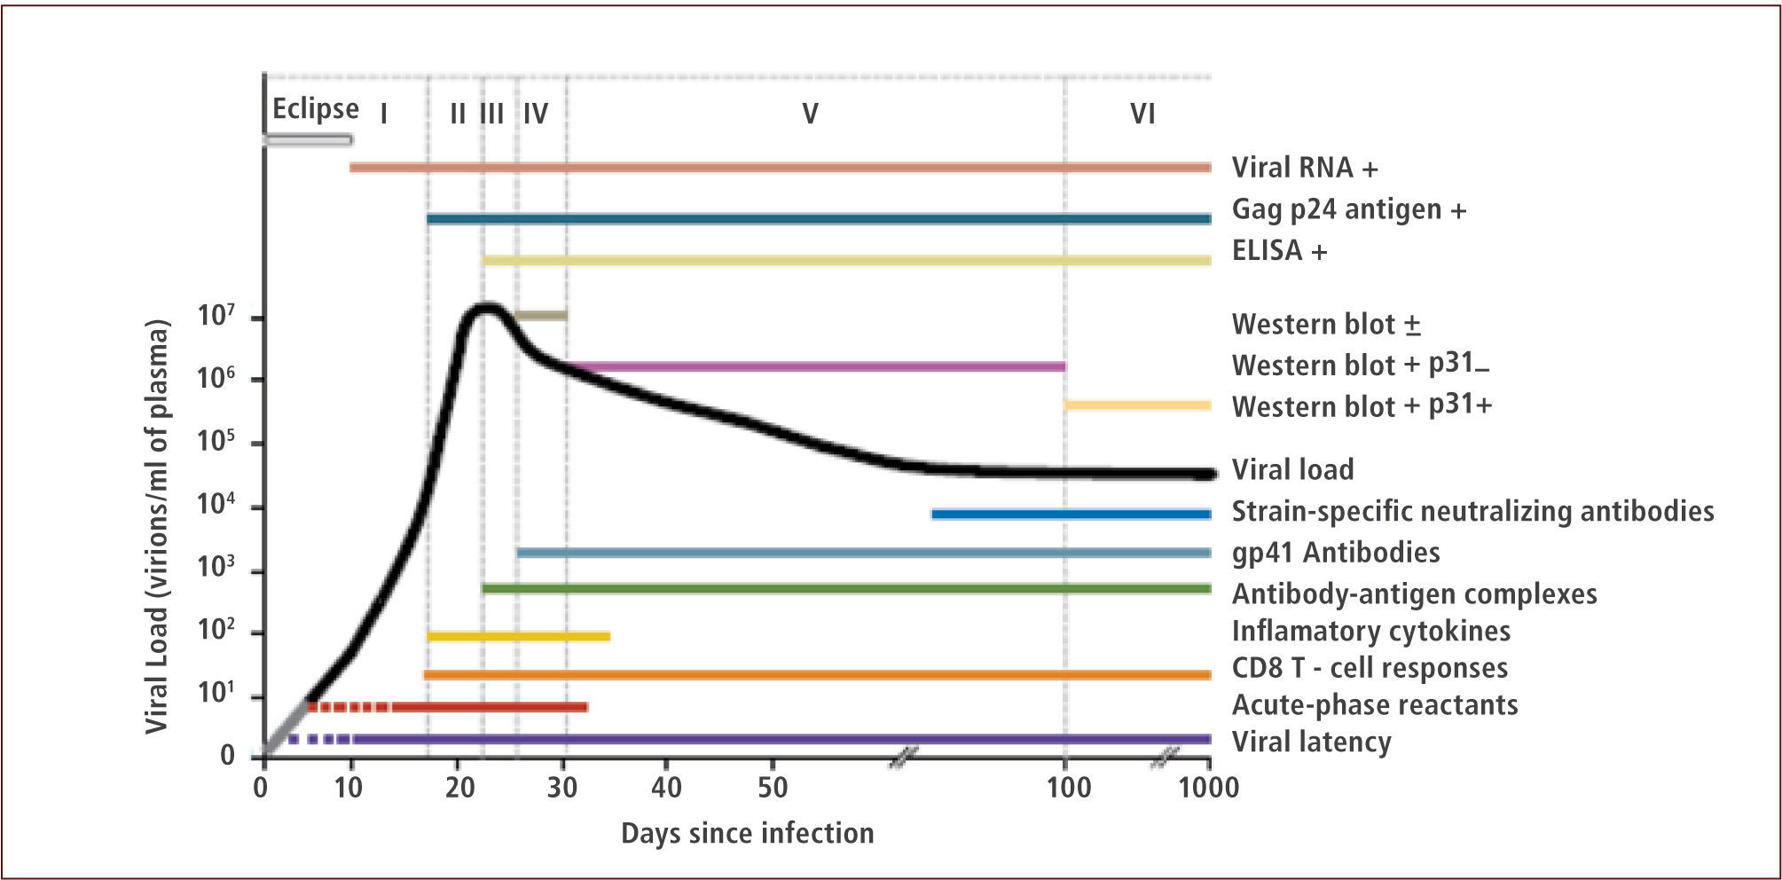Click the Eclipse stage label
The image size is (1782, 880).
(x=315, y=109)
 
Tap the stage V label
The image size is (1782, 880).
(x=810, y=114)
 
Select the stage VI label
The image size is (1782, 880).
(x=1142, y=114)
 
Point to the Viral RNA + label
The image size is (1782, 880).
(x=1305, y=168)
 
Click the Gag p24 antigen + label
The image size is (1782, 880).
(x=1348, y=210)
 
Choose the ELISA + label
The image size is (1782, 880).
(x=1279, y=251)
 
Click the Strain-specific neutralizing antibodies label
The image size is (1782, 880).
(x=1472, y=512)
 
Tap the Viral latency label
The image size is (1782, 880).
(x=1311, y=742)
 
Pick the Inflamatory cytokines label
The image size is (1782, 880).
(x=1370, y=631)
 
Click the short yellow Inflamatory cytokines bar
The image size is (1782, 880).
(x=518, y=636)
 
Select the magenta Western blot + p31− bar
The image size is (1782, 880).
(x=816, y=366)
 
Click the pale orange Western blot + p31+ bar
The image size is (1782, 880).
(x=1138, y=405)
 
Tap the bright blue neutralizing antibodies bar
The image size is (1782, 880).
(x=1071, y=514)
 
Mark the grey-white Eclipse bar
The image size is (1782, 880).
(x=308, y=139)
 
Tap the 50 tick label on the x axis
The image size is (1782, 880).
(x=773, y=787)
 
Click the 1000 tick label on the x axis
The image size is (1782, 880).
(x=1208, y=787)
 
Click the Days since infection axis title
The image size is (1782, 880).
(x=747, y=833)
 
